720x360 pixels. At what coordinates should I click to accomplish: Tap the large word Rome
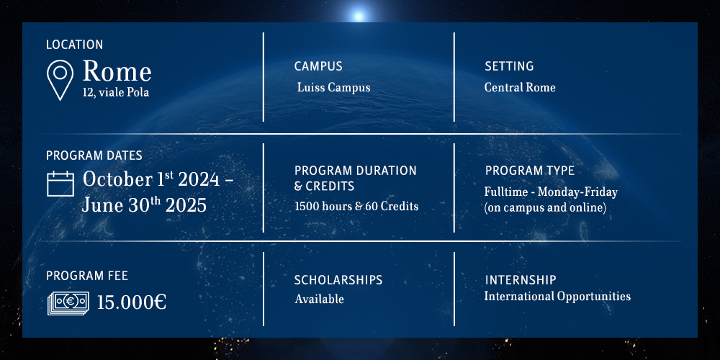point(117,71)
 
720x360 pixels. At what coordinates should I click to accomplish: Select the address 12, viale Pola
point(116,92)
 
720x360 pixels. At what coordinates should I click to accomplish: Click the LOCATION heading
point(74,45)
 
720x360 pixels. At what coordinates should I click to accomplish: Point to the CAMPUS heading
point(318,66)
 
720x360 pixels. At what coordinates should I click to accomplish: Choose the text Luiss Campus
point(333,87)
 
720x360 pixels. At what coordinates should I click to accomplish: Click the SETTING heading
point(509,66)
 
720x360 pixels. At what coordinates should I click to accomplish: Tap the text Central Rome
point(520,87)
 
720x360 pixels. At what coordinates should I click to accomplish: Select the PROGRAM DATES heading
point(94,156)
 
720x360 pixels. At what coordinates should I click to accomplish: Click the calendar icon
point(60,183)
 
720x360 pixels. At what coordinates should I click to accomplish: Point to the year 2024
point(199,179)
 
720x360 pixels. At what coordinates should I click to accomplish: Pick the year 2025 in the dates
point(186,206)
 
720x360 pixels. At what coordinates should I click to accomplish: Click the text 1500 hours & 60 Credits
point(356,207)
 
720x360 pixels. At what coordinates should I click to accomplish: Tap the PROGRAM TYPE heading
point(530,171)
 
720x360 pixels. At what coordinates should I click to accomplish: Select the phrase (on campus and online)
point(546,207)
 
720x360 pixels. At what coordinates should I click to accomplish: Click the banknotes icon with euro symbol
point(68,304)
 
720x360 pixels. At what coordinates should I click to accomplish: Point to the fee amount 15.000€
point(132,302)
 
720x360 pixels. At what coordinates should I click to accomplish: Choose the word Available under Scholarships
point(319,300)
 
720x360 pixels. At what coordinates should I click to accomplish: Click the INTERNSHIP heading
point(521,279)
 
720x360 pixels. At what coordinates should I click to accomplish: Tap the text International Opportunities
point(557,297)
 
